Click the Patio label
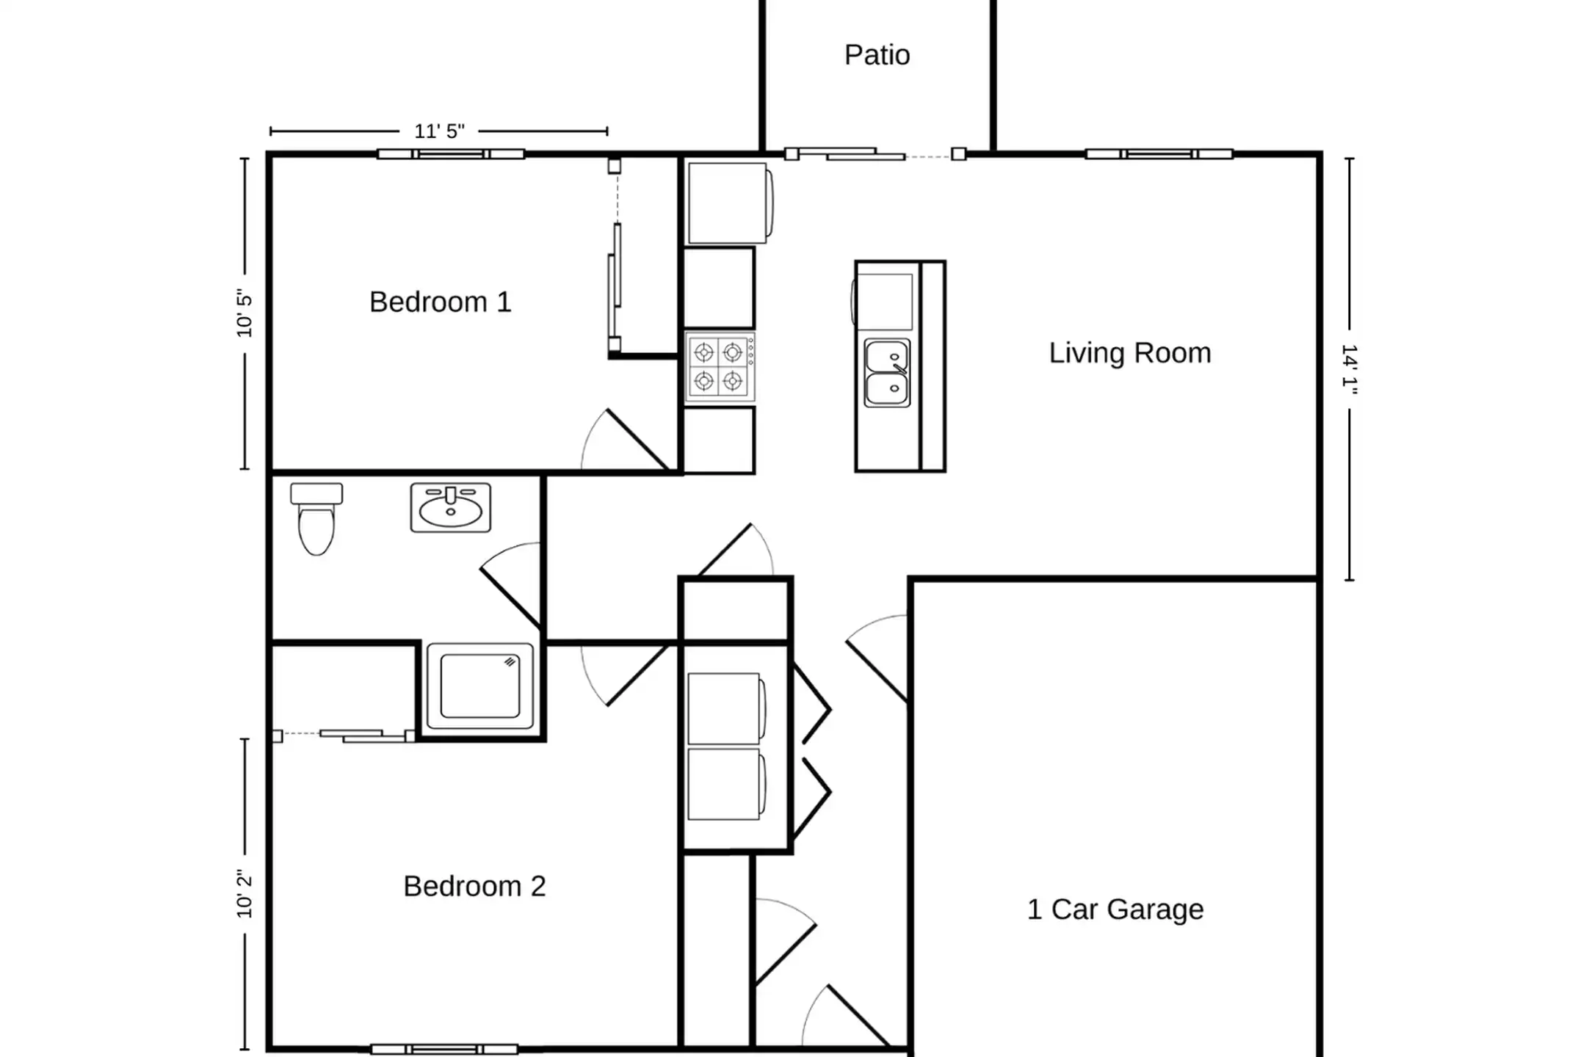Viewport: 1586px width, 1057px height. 877,55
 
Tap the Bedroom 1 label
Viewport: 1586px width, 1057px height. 440,302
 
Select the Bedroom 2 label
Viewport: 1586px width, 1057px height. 474,886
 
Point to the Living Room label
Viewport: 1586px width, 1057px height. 1129,353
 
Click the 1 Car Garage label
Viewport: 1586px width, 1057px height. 1115,909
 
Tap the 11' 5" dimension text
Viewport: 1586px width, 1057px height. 439,131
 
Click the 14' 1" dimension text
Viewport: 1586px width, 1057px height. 1350,369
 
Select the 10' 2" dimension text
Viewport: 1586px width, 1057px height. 245,893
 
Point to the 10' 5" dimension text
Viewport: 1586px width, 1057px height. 245,313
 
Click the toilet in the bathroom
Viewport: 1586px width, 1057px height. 316,517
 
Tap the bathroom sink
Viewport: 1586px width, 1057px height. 450,507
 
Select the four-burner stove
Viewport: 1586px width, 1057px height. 720,367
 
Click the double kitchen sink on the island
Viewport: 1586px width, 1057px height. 888,373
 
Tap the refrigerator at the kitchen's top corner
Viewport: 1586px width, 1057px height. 729,203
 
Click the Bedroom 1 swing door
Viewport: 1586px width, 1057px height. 624,440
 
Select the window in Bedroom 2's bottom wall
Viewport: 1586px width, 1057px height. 444,1050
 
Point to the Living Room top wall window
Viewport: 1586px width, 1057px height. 1159,154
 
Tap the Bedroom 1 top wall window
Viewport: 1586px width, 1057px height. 451,154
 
